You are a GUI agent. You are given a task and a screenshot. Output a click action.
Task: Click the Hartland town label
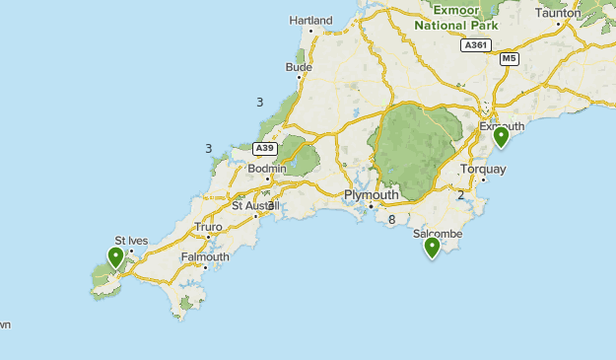[x=310, y=20]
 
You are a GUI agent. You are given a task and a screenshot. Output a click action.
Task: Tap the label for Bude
[x=298, y=67]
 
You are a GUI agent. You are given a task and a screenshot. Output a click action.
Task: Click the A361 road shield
[x=475, y=44]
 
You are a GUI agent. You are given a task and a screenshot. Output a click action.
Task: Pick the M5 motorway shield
[x=509, y=59]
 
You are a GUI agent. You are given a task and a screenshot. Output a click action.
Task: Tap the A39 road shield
[x=263, y=148]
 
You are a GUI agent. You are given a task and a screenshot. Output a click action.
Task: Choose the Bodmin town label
[x=266, y=169]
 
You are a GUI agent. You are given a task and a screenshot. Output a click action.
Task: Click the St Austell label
[x=256, y=205]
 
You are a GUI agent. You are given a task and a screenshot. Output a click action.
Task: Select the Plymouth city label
[x=371, y=195]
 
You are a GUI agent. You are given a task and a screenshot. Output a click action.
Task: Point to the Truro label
[x=208, y=227]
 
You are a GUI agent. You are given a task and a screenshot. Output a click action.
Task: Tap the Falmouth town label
[x=205, y=257]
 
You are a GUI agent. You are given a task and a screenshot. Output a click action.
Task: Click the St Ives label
[x=130, y=240]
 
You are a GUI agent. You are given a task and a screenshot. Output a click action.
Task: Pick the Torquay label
[x=483, y=169]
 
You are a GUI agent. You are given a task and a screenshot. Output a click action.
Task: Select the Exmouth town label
[x=502, y=126]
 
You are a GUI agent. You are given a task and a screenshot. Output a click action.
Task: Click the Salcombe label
[x=438, y=234]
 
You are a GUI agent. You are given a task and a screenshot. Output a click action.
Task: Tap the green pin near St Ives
[x=116, y=257]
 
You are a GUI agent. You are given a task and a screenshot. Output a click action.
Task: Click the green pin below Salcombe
[x=432, y=247]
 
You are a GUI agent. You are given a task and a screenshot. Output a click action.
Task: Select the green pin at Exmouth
[x=501, y=136]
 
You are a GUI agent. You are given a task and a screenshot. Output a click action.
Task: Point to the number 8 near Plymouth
[x=392, y=220]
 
